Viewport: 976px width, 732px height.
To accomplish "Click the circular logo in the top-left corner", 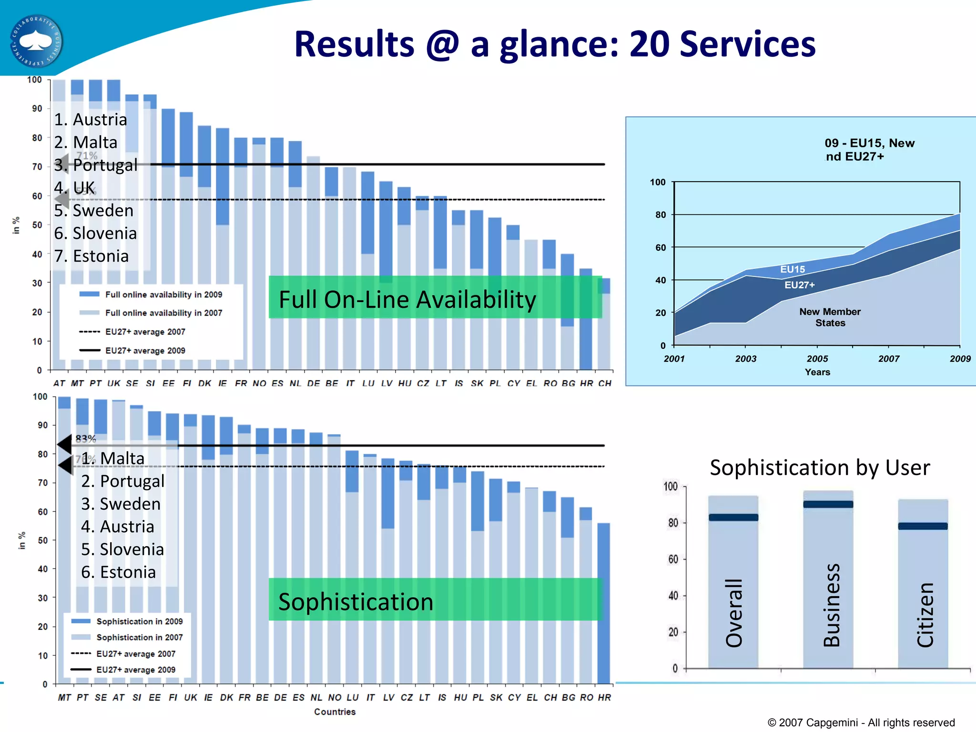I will pyautogui.click(x=36, y=41).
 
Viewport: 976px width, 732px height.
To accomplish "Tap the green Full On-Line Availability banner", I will pyautogui.click(x=435, y=298).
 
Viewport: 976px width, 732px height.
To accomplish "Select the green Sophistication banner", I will pyautogui.click(x=435, y=600).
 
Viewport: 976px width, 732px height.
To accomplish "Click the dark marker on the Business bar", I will pyautogui.click(x=828, y=504).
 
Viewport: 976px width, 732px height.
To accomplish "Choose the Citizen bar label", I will pyautogui.click(x=925, y=614).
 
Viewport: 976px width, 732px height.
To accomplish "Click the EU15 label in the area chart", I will pyautogui.click(x=792, y=269).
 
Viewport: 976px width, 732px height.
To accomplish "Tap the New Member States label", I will pyautogui.click(x=830, y=317).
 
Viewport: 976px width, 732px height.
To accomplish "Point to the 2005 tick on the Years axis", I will pyautogui.click(x=817, y=358).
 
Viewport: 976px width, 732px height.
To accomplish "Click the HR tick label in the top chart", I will pyautogui.click(x=586, y=383).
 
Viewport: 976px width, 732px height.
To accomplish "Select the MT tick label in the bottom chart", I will pyautogui.click(x=64, y=697).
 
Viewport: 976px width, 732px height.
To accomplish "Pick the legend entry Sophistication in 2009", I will pyautogui.click(x=139, y=621).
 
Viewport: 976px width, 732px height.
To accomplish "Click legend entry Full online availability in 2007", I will pyautogui.click(x=163, y=313).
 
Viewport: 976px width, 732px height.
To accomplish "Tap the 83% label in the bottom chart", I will pyautogui.click(x=86, y=438).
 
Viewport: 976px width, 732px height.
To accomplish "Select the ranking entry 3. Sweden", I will pyautogui.click(x=121, y=504).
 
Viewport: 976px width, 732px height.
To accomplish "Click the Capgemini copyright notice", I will pyautogui.click(x=861, y=722).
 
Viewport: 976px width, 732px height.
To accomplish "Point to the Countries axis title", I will pyautogui.click(x=335, y=712).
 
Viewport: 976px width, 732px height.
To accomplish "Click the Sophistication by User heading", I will pyautogui.click(x=819, y=468).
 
